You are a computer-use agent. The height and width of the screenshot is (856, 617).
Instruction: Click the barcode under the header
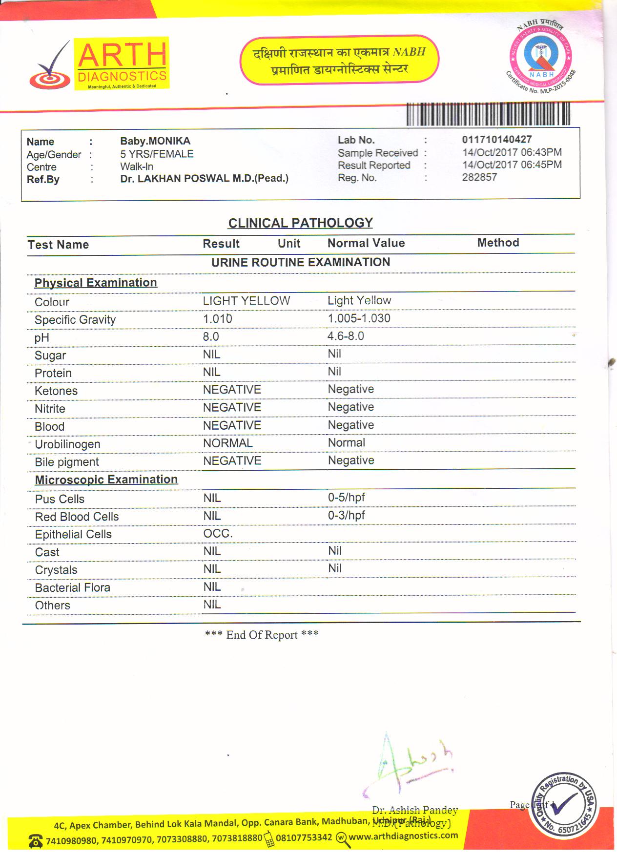coord(488,114)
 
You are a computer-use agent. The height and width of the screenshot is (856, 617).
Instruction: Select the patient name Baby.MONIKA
coord(155,141)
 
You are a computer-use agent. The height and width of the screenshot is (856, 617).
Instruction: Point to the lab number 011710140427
coord(497,140)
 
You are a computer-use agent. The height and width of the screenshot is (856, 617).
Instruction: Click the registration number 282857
coord(479,177)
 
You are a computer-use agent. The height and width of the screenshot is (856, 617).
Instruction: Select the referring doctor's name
coord(204,179)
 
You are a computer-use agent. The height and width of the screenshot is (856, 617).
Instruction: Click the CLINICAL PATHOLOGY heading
coord(300,223)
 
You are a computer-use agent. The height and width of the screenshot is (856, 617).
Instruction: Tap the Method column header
coord(498,243)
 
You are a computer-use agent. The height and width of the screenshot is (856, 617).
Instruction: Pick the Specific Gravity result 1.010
coord(217,319)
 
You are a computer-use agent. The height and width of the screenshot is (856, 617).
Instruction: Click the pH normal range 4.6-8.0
coord(346,336)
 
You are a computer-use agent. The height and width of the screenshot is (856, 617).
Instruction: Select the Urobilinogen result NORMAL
coord(228,443)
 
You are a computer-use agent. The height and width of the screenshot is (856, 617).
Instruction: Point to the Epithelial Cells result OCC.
coord(218,534)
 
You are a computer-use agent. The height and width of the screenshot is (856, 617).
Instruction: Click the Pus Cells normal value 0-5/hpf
coord(346,498)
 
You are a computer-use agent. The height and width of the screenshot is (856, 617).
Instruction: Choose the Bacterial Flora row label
coord(73,587)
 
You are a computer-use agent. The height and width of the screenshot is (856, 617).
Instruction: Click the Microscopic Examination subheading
coord(106,480)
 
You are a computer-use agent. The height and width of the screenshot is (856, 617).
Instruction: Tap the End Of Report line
coord(262,635)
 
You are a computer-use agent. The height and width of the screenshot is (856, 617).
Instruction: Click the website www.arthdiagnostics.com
coord(403,836)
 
